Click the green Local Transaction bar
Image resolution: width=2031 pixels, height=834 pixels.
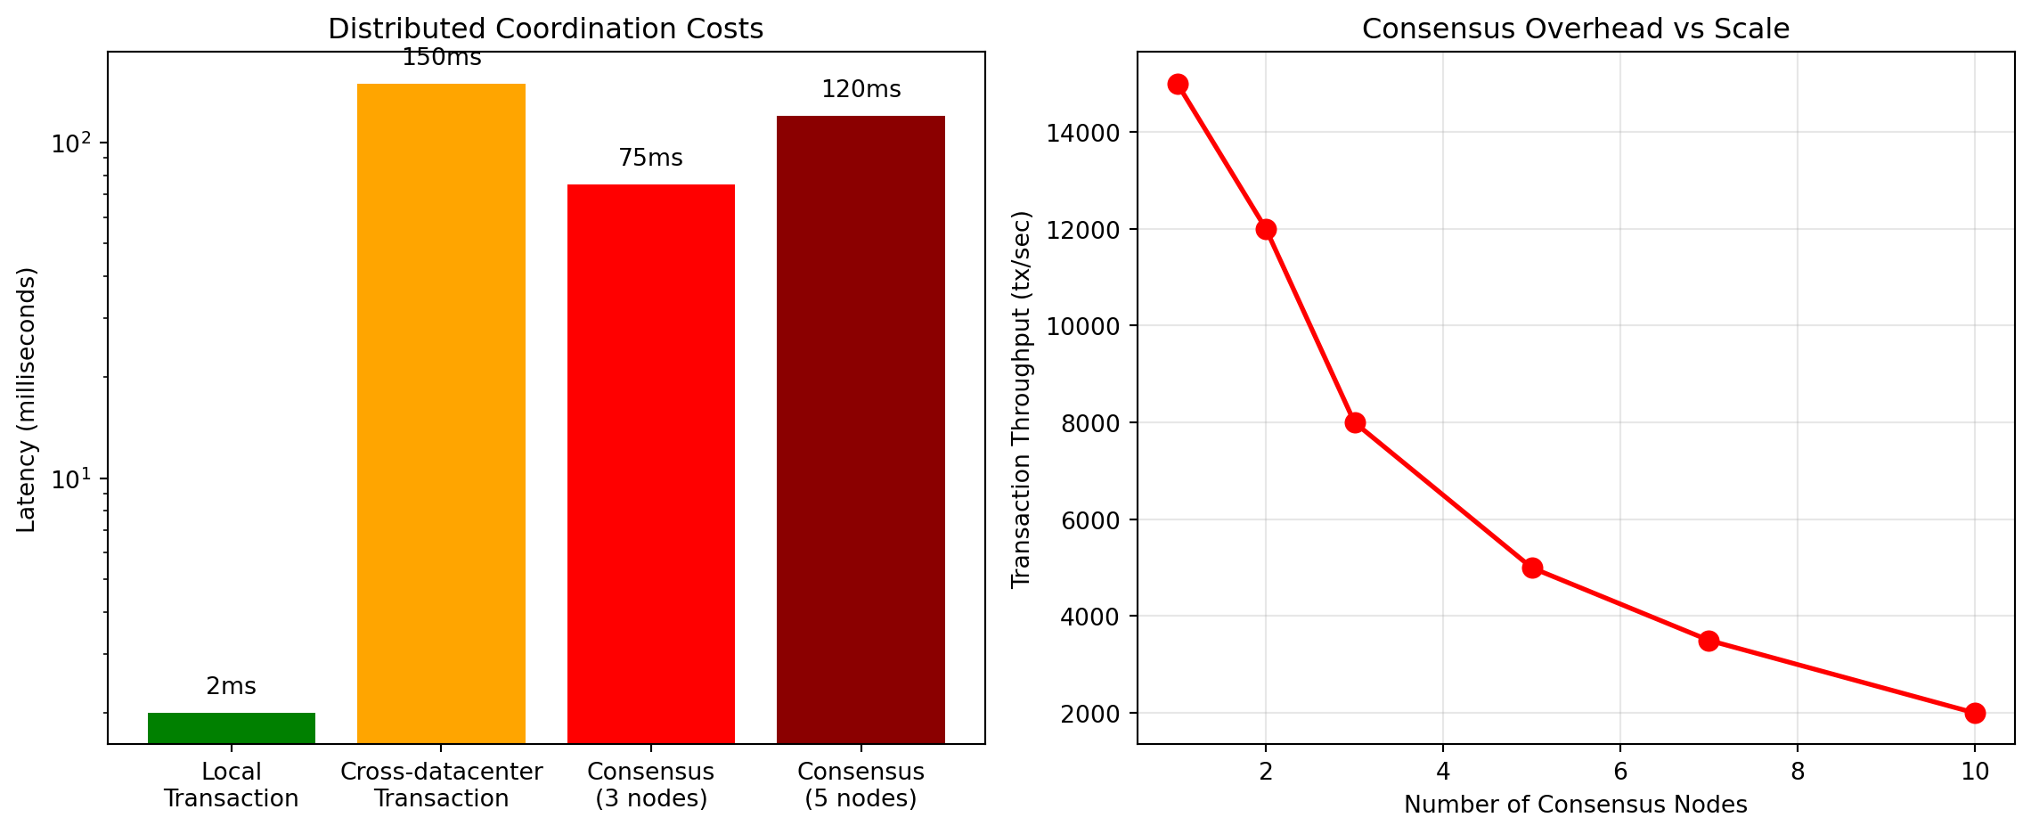(232, 727)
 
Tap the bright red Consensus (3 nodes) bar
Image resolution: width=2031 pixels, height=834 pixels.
(651, 463)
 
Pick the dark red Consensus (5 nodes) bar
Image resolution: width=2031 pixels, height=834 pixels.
(861, 429)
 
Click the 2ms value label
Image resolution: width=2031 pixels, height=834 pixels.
(231, 686)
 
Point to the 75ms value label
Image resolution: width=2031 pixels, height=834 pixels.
(650, 158)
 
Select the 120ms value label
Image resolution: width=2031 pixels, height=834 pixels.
(861, 89)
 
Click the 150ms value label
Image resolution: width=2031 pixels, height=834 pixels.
(441, 58)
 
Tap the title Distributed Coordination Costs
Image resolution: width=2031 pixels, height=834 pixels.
(545, 29)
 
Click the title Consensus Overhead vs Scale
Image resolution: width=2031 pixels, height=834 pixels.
(1575, 29)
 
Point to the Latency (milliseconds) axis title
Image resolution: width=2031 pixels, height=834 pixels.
(27, 399)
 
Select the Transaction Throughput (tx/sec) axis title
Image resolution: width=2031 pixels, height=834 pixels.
(1021, 399)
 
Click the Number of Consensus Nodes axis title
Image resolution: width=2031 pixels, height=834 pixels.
(1575, 805)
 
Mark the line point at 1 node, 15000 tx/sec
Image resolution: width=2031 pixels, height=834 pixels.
(1178, 84)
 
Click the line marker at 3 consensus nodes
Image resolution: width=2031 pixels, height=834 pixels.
(1355, 422)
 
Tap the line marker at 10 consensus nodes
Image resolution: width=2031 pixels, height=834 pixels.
(1975, 713)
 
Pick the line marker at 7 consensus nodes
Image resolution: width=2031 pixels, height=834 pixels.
(1709, 641)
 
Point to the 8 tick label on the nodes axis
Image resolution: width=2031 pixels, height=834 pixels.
(1797, 771)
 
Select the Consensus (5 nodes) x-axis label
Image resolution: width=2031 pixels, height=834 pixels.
(861, 785)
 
